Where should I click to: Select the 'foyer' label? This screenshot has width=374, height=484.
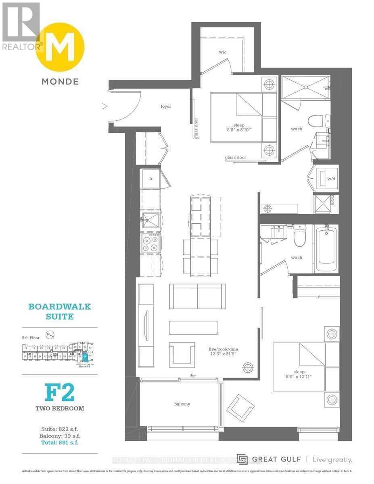pos(165,106)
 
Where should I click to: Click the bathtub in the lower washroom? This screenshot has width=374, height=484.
pos(326,250)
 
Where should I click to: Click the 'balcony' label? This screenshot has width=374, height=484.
pos(182,404)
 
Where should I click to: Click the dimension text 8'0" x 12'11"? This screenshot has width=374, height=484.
pos(299,377)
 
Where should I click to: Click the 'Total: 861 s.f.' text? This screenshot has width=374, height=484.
pos(59,442)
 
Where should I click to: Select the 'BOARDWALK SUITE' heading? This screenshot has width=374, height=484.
pos(59,311)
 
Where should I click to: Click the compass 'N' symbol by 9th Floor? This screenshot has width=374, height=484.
pos(50,334)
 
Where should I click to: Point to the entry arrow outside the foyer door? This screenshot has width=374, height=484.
pos(104,106)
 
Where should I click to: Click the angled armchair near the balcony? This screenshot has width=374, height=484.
pos(240,407)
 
